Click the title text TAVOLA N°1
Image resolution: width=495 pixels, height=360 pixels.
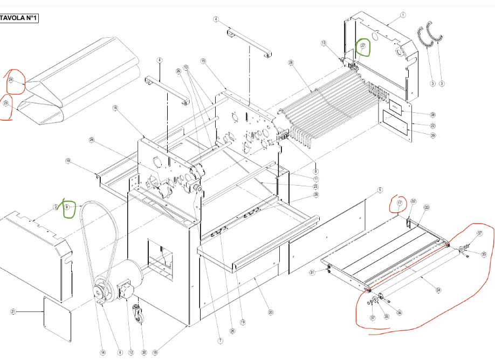pos(19,18)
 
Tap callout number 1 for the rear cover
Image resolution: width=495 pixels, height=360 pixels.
pos(403,15)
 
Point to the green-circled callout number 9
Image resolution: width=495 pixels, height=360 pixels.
pos(67,207)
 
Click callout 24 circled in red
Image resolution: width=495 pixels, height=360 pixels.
pos(11,80)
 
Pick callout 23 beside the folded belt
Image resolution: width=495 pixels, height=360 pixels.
pos(6,103)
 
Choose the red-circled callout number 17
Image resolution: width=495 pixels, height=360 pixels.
pos(400,203)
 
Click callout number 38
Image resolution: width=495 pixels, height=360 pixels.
pos(417,115)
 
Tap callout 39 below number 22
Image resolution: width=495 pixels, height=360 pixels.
pos(417,135)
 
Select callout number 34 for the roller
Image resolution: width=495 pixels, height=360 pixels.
pos(438,290)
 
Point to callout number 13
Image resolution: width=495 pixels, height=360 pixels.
pos(324,43)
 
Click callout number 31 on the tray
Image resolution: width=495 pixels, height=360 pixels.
pos(312,273)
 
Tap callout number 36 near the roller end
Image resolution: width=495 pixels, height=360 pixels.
pos(399,313)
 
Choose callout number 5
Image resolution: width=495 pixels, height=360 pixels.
pos(380,190)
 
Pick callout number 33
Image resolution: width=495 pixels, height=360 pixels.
pos(427,207)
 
